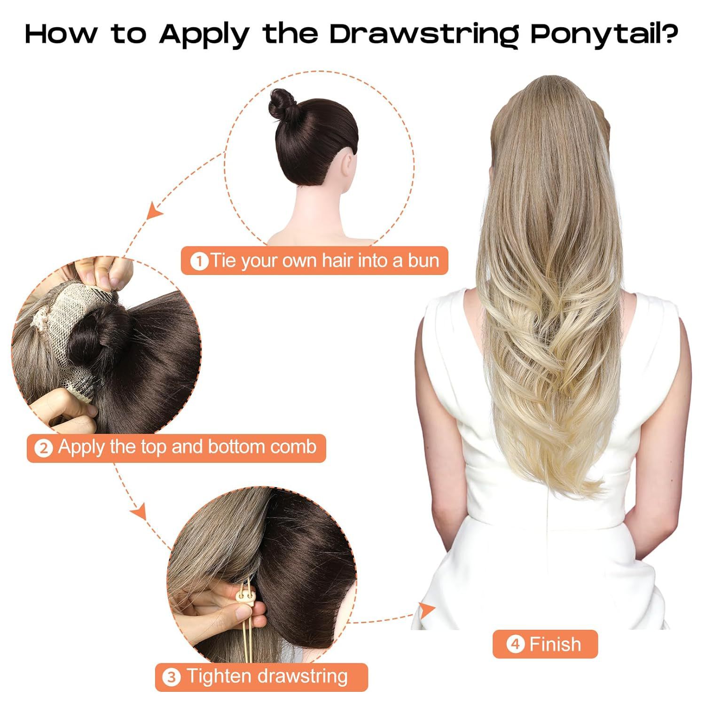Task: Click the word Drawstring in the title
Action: click(x=423, y=34)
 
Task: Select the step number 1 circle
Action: click(x=200, y=261)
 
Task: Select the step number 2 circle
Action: click(x=44, y=448)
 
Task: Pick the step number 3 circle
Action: click(x=171, y=677)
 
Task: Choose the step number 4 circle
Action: click(x=515, y=644)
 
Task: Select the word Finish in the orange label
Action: click(x=555, y=644)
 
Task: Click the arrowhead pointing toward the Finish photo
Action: click(x=426, y=611)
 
